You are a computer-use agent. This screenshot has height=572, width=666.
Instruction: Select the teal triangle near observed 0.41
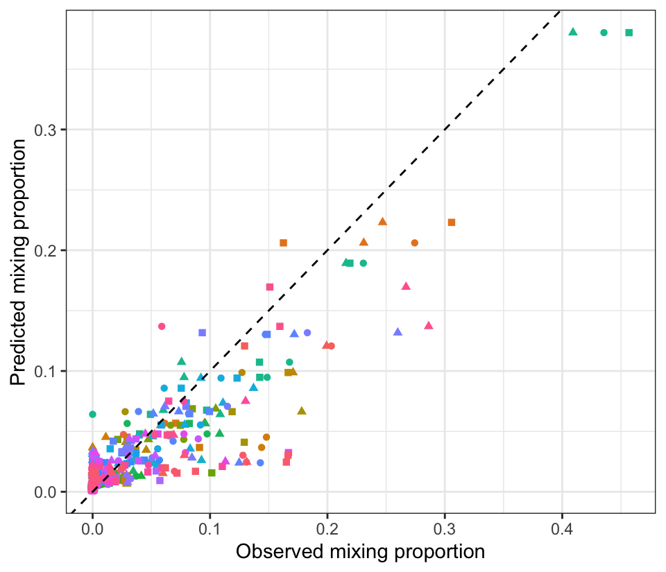(573, 32)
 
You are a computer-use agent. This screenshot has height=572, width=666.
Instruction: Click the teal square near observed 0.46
(629, 33)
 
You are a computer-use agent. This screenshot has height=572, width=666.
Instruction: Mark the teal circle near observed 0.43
(604, 33)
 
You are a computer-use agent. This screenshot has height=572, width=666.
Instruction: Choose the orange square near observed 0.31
(451, 223)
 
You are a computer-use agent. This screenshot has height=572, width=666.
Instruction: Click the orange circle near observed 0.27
(414, 243)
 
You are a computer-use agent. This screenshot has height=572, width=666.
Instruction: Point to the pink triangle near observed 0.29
(429, 325)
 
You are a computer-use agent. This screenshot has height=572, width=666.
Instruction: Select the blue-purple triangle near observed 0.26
(398, 331)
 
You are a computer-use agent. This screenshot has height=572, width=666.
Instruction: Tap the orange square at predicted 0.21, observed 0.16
(283, 243)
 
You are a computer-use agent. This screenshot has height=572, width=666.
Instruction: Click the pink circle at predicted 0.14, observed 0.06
(162, 326)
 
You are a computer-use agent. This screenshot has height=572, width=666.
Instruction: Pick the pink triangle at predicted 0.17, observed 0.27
(406, 286)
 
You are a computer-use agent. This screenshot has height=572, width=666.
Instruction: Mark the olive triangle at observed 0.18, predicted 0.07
(302, 410)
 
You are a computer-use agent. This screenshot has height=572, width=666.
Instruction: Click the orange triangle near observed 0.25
(382, 222)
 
